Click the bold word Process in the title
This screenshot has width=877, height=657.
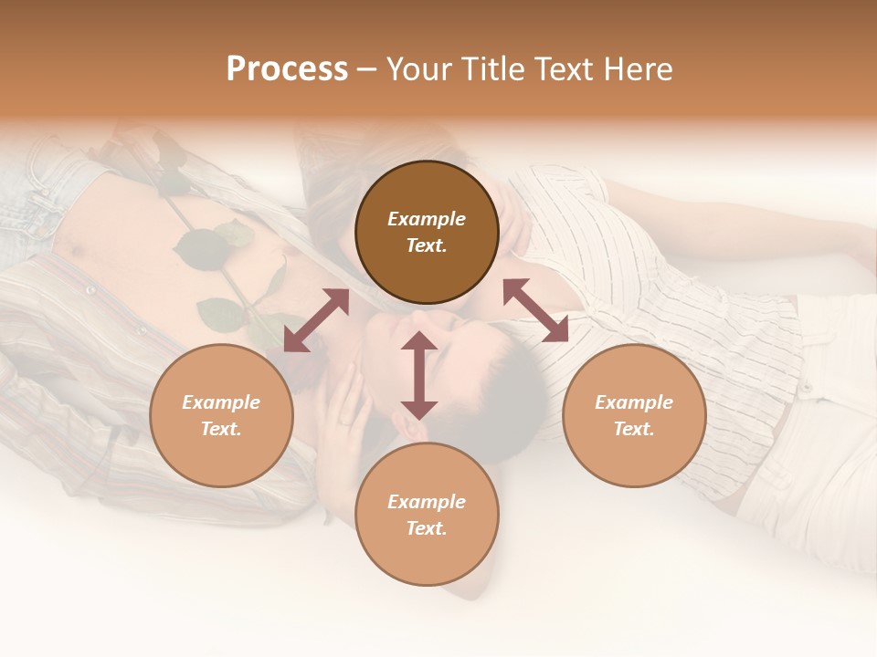coord(287,68)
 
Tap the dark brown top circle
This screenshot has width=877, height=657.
coord(427,233)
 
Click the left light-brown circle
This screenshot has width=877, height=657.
coord(221,415)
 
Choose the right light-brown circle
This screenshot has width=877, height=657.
coord(634,415)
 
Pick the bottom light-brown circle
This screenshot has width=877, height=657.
coord(427,514)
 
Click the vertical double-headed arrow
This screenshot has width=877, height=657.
coord(419,375)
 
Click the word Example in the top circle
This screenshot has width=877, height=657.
coord(427,219)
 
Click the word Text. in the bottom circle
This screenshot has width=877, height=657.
coord(427,528)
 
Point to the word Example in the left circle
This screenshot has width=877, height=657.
coord(221,402)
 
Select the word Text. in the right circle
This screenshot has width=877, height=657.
coord(634,429)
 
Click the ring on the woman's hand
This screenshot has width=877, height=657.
coord(343,421)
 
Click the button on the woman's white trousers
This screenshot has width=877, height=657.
coord(806,388)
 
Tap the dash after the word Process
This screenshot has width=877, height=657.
coord(367,69)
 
